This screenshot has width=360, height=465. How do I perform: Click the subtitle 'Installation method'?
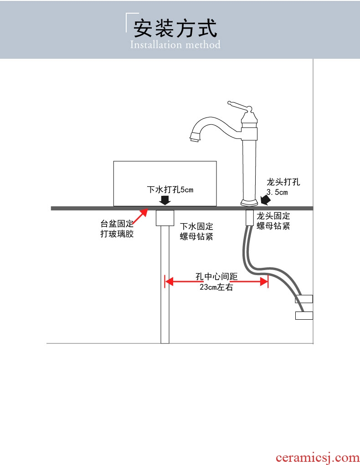pyautogui.click(x=175, y=45)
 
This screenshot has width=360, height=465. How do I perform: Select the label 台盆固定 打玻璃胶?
pyautogui.click(x=117, y=230)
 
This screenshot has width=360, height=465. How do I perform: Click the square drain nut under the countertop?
pyautogui.click(x=165, y=218)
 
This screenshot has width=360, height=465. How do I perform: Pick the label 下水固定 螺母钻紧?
pyautogui.click(x=196, y=231)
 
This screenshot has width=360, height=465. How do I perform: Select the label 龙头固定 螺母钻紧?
pyautogui.click(x=273, y=220)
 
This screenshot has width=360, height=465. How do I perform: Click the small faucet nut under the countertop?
pyautogui.click(x=249, y=217)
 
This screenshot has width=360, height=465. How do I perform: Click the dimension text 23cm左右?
pyautogui.click(x=216, y=287)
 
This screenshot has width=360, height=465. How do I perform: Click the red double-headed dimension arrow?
pyautogui.click(x=216, y=282)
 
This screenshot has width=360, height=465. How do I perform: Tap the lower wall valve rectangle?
pyautogui.click(x=304, y=315)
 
